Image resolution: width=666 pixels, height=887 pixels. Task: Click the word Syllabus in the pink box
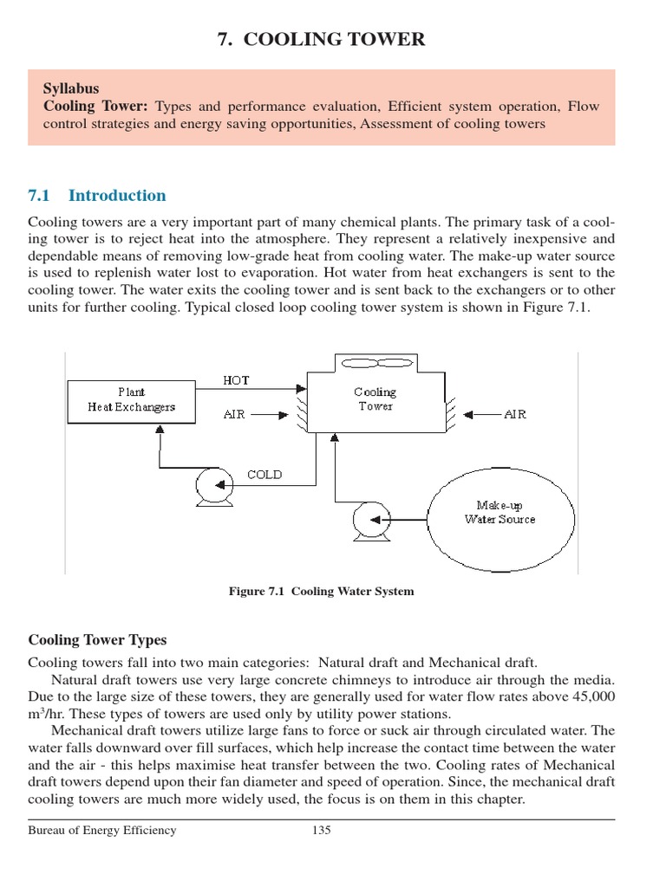tap(71, 88)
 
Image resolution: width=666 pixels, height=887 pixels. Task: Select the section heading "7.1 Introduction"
tap(97, 195)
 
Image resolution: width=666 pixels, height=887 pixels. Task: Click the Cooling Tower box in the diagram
tap(375, 401)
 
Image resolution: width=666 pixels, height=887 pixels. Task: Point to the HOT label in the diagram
tap(236, 380)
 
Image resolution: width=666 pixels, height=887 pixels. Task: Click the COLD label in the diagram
tap(264, 474)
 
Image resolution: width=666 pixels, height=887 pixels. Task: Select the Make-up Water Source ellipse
tap(499, 512)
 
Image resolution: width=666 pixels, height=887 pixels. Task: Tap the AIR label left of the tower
tap(234, 415)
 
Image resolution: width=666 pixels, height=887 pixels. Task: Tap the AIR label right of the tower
tap(515, 415)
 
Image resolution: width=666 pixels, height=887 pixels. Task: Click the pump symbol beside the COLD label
tap(213, 483)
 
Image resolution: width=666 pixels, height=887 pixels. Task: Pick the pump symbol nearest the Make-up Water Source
tap(368, 520)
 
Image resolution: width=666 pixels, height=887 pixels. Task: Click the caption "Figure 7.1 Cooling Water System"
tap(321, 592)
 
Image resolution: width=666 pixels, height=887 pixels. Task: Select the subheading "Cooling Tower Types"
tap(97, 640)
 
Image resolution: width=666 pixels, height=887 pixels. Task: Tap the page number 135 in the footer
tap(322, 831)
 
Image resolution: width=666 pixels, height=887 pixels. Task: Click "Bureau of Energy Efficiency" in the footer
tap(102, 831)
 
